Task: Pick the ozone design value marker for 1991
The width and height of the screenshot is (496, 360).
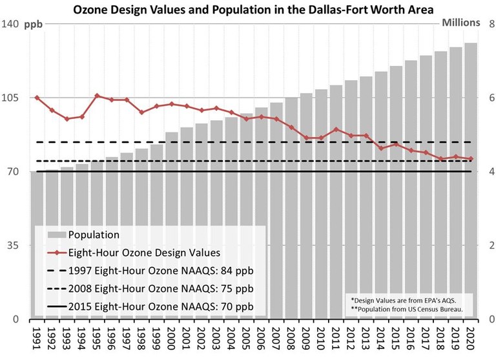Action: click(x=37, y=98)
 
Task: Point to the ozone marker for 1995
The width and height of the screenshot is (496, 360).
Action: click(x=97, y=96)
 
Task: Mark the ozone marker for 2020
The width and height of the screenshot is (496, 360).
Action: click(x=471, y=159)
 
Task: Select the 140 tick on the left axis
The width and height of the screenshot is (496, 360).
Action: click(x=12, y=23)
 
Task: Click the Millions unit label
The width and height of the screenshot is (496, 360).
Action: click(x=461, y=22)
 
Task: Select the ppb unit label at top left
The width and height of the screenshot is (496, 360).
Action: click(x=34, y=23)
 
